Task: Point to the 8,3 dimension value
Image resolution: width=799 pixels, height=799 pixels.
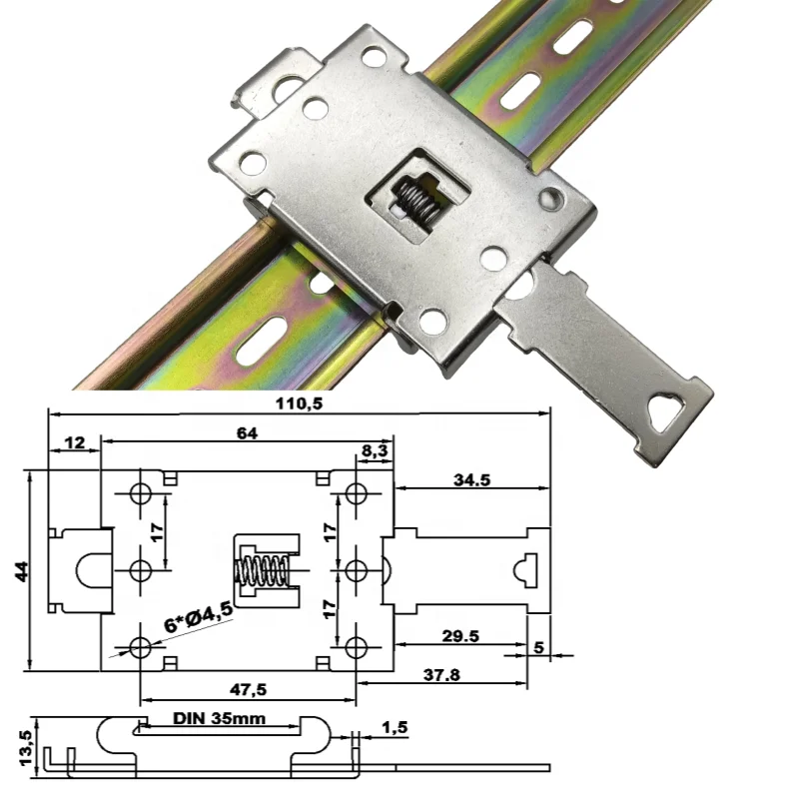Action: [x=375, y=451]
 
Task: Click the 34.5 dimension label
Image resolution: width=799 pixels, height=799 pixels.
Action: [x=470, y=479]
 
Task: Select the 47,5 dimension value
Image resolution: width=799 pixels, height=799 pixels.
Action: [x=250, y=689]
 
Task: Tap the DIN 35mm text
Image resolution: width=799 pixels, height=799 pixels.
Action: [x=217, y=717]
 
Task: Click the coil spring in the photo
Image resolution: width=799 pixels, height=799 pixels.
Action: [x=413, y=198]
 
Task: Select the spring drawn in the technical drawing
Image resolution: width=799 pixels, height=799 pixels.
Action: [x=262, y=571]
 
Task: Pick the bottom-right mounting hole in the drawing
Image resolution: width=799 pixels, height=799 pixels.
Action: [x=356, y=648]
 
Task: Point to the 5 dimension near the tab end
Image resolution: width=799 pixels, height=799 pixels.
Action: [x=539, y=647]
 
